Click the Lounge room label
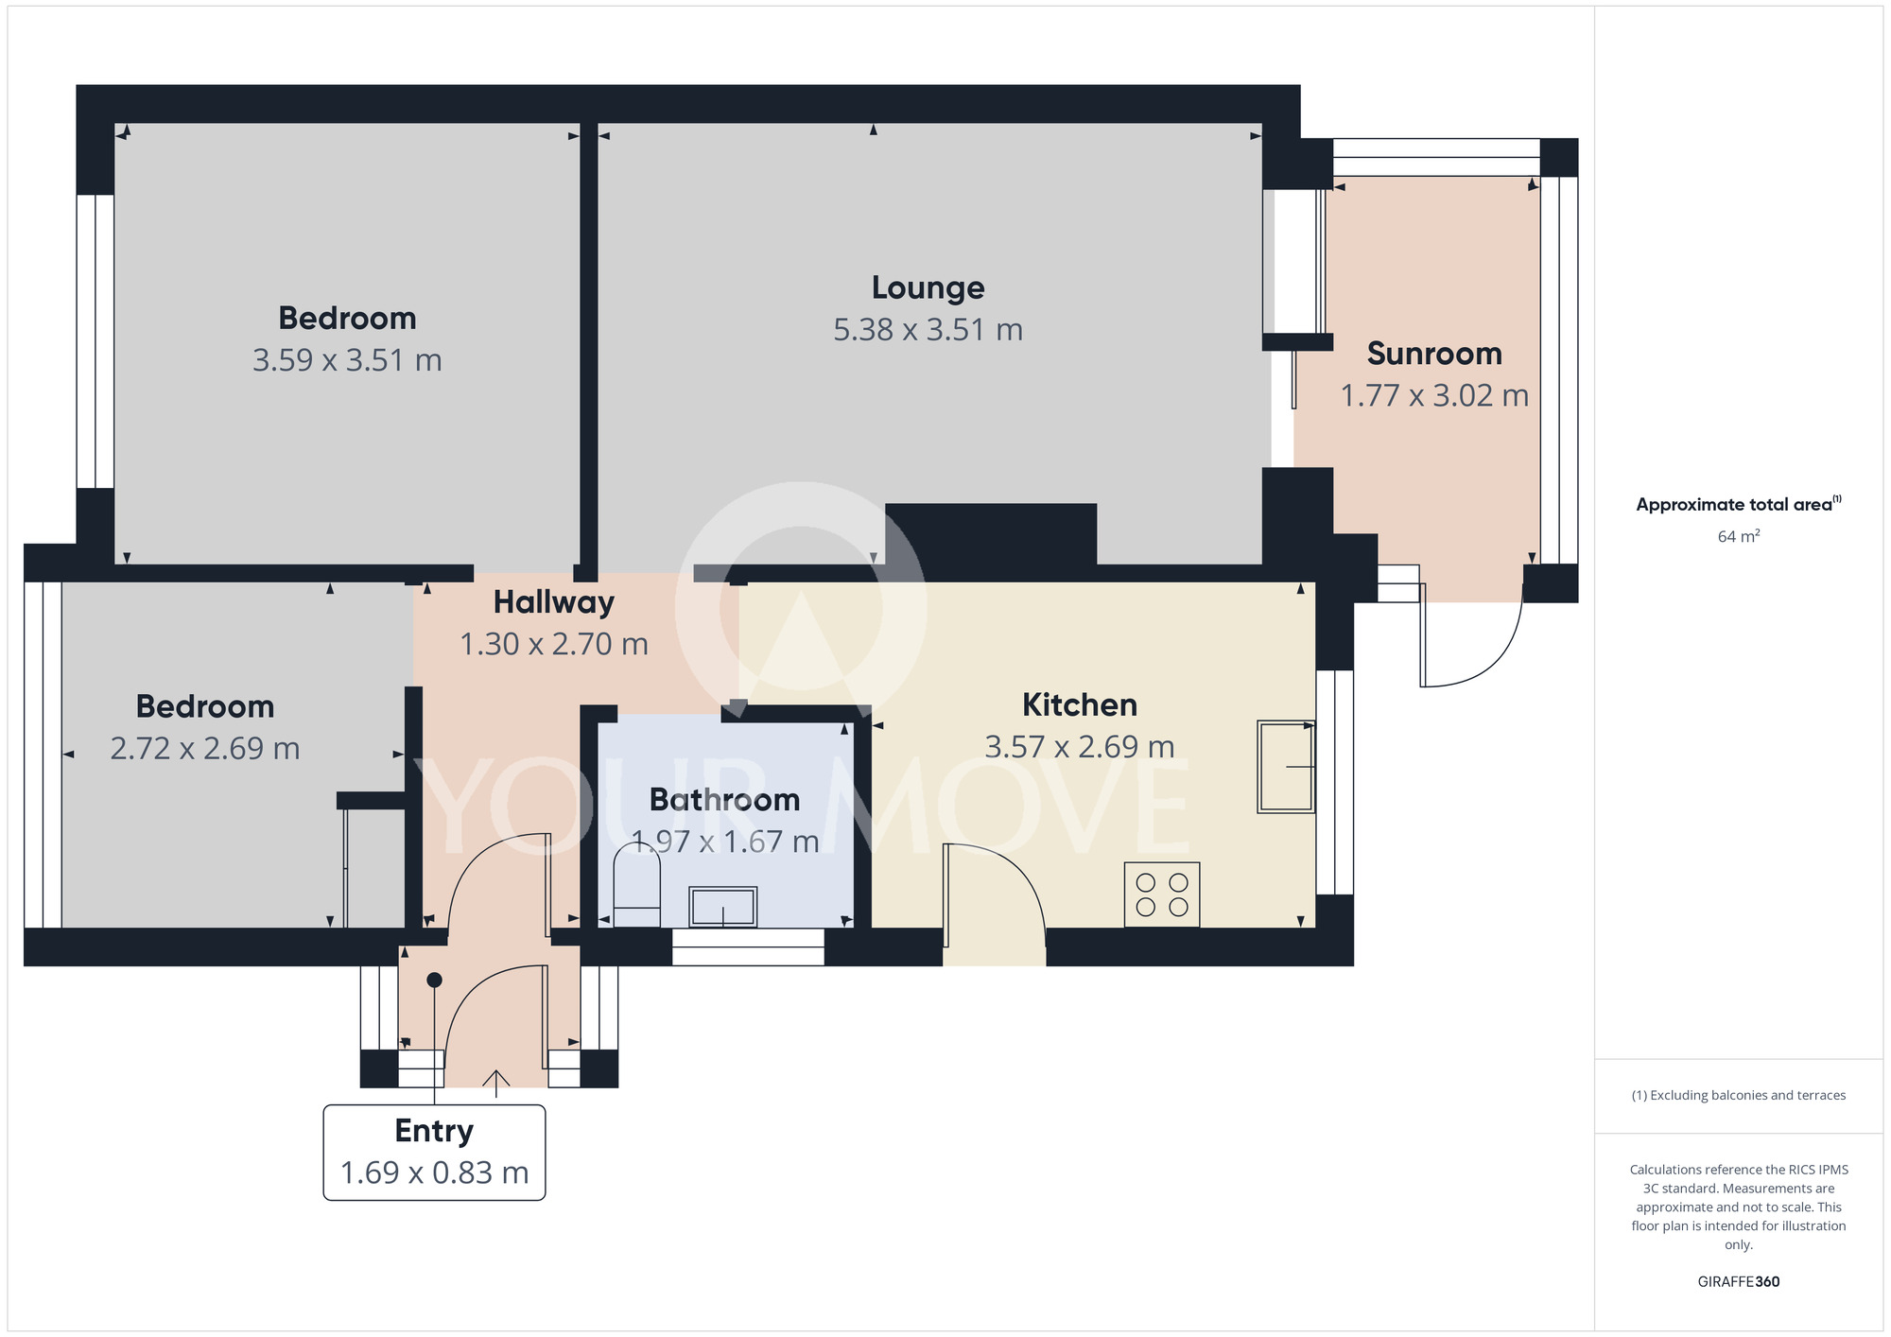928,287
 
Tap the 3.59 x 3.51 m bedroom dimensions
347,360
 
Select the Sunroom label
1434,354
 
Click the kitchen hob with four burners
1162,894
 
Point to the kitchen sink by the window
1286,767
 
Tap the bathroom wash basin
722,908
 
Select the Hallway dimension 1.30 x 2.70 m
554,644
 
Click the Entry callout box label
434,1131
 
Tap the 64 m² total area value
1738,536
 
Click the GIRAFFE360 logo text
1738,1282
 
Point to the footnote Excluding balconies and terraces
1738,1095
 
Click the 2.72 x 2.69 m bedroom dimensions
205,749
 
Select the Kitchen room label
1079,705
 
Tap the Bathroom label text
724,800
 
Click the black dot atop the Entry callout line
434,980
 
